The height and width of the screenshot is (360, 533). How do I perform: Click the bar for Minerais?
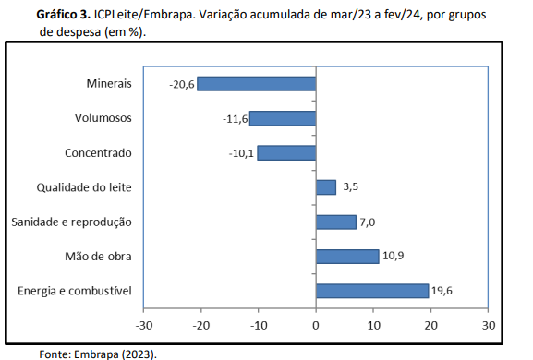tap(257, 84)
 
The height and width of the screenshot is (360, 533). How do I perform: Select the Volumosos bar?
tap(283, 118)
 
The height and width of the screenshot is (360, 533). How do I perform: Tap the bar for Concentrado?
tap(287, 153)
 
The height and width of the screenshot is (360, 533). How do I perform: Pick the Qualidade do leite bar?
tap(326, 187)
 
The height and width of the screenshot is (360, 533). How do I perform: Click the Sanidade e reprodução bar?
tap(336, 222)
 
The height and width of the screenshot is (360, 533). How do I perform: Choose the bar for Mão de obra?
tap(347, 257)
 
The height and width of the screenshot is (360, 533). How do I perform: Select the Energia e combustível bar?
tap(372, 291)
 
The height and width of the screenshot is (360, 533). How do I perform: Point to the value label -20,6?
tap(182, 84)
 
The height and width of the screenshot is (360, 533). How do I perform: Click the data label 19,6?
tap(442, 291)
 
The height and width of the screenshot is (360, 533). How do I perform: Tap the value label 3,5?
tap(350, 186)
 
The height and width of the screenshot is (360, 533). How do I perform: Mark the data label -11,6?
tap(236, 119)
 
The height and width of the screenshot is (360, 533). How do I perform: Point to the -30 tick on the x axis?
tap(144, 325)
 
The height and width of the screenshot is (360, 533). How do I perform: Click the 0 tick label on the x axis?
tap(316, 325)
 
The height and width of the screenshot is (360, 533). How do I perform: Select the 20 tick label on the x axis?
tap(430, 325)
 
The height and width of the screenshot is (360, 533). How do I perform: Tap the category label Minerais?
tap(109, 84)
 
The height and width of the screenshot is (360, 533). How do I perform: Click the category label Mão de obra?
tap(98, 256)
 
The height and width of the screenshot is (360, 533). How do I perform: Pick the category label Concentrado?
tap(98, 153)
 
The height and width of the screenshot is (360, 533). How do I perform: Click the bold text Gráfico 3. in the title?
tap(64, 15)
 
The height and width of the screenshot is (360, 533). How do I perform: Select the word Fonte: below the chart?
tap(55, 354)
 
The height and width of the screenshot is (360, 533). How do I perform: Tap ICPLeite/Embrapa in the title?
tap(144, 15)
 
